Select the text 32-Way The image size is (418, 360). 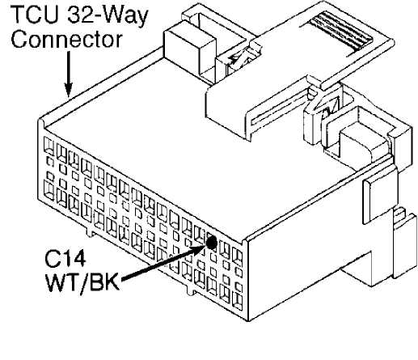[x=108, y=15]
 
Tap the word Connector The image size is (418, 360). [x=66, y=40]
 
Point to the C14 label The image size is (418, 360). [x=65, y=259]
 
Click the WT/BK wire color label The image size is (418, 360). [x=82, y=282]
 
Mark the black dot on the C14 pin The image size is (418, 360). [x=211, y=243]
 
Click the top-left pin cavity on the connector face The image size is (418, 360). [x=49, y=146]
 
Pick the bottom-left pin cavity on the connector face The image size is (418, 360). [x=49, y=191]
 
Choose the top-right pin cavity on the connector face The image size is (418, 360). [x=237, y=257]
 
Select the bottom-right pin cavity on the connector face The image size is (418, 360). [x=237, y=302]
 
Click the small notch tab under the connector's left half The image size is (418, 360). [x=90, y=232]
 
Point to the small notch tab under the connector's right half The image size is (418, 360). [x=190, y=290]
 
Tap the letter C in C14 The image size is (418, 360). [x=53, y=259]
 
